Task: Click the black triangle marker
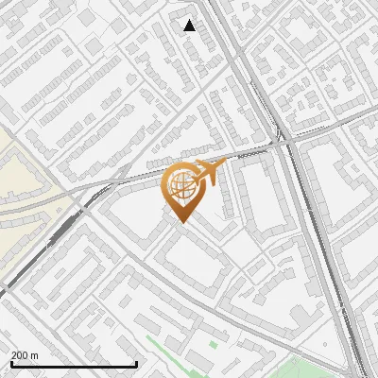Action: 190,26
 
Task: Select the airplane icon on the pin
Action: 207,172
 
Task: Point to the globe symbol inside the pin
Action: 183,186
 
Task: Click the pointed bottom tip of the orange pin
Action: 183,222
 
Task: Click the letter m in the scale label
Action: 35,355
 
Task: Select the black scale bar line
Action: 74,364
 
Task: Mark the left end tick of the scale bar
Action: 11,362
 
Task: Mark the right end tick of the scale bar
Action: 137,362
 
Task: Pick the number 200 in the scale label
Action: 20,355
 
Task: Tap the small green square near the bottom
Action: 213,344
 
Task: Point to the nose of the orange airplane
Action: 225,166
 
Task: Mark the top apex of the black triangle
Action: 190,20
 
